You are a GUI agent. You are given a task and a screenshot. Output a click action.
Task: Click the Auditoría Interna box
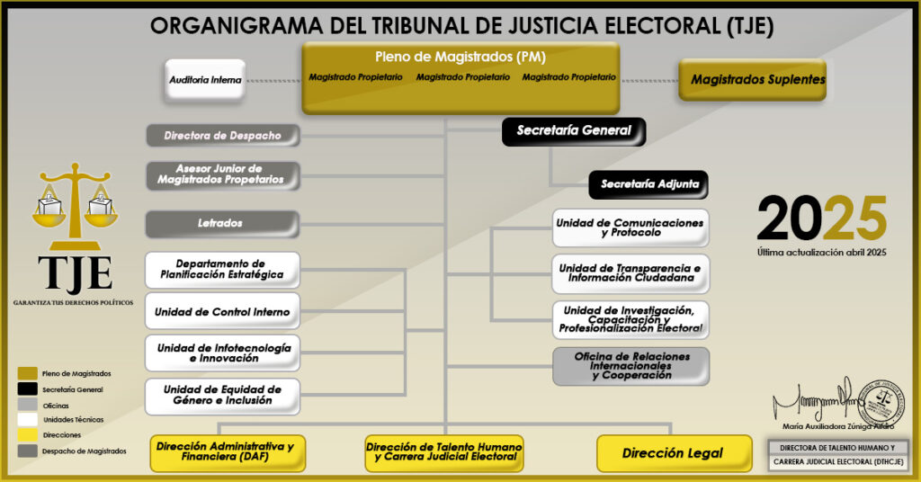coord(205,80)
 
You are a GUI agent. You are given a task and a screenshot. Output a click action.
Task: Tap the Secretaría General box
coord(574,131)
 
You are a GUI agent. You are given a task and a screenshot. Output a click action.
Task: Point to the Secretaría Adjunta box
coord(648,184)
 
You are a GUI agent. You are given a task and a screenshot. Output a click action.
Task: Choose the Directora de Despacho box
coord(222,136)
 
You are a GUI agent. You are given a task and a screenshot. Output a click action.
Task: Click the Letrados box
coord(222,223)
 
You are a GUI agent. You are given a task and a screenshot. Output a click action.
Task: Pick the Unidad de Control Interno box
coord(222,312)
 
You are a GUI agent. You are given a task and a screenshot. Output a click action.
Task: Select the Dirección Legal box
coord(674,453)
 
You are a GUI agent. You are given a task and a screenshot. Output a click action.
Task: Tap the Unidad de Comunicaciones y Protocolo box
coord(630,228)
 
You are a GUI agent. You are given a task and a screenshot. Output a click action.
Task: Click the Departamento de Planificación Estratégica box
coord(222,269)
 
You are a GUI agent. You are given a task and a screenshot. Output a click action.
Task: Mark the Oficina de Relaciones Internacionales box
coord(630,367)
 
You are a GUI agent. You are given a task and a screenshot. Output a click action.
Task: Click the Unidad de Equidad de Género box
coord(222,396)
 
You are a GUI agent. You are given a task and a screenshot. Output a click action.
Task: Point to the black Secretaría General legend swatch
coord(27,388)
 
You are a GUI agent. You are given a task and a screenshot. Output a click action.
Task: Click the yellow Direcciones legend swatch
coord(27,434)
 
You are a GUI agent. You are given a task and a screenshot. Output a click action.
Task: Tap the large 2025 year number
coord(821,219)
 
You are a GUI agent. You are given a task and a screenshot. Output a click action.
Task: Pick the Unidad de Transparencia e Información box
coord(630,273)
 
